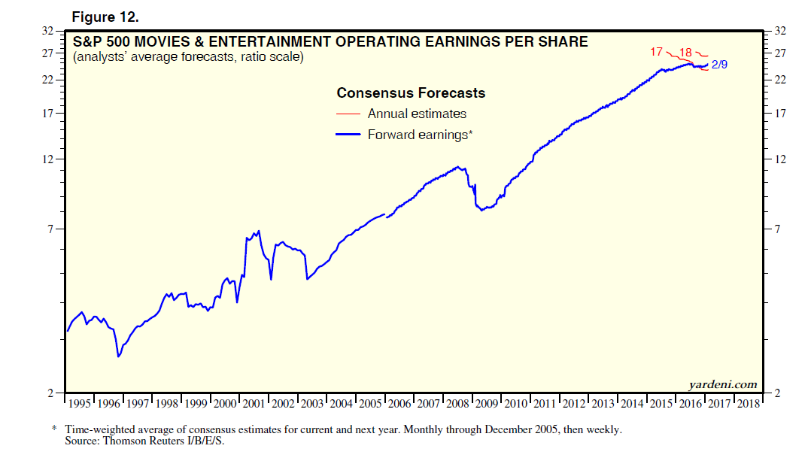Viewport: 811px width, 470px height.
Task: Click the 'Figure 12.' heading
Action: click(104, 17)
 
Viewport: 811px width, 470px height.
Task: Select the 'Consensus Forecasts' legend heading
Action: click(411, 93)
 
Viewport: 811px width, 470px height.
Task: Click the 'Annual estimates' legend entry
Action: click(417, 114)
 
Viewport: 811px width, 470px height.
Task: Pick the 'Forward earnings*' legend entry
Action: click(419, 135)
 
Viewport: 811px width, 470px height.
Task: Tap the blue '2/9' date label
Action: click(718, 65)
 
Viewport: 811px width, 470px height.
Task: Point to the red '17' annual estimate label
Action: click(657, 52)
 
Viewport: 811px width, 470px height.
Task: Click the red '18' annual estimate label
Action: click(685, 53)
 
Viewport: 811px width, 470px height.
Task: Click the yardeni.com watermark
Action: click(722, 384)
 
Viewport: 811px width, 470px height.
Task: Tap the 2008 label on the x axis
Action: click(457, 404)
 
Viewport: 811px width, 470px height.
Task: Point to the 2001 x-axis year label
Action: click(254, 404)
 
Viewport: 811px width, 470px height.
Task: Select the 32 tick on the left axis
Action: click(48, 31)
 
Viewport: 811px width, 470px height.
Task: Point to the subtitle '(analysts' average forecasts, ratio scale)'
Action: click(189, 57)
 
